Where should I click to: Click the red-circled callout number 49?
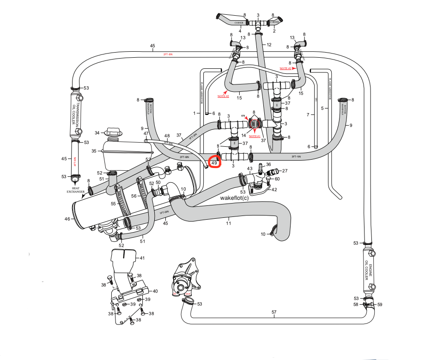(x=214, y=163)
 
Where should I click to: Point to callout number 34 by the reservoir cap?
(x=97, y=133)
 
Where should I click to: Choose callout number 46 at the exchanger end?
(x=68, y=219)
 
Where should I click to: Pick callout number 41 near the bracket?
(x=142, y=258)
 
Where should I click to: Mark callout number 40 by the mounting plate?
(x=155, y=291)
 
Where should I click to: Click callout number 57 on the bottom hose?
(x=274, y=312)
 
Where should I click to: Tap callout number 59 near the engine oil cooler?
(x=380, y=305)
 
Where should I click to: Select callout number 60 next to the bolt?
(x=277, y=179)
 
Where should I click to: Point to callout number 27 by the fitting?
(x=285, y=171)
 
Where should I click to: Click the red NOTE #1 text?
(x=255, y=137)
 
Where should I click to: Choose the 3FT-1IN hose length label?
(x=296, y=157)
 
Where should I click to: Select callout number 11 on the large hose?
(x=228, y=223)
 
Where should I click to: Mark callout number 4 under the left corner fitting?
(x=240, y=31)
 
